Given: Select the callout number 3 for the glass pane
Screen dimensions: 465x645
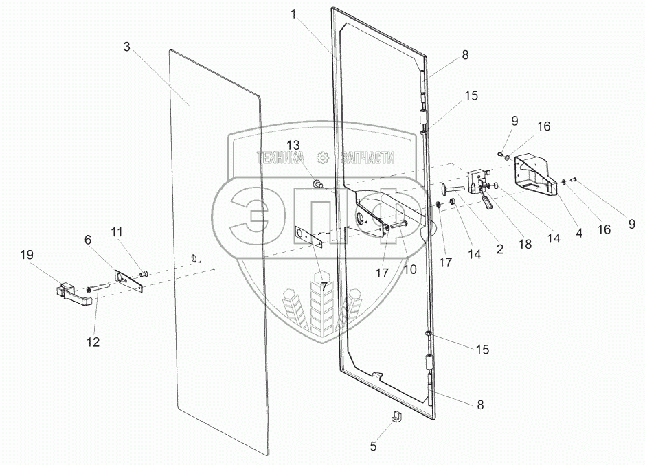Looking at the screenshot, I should coord(127,47).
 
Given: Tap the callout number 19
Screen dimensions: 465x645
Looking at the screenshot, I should coord(26,254).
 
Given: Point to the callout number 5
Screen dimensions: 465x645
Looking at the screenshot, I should coord(373,446).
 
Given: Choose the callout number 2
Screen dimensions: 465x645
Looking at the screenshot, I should coord(499,249).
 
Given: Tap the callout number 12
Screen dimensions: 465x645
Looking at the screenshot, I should coord(92,341).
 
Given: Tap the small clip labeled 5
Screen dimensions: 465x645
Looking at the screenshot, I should coord(398,416).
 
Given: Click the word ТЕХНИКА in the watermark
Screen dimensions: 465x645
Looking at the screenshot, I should coord(281,158).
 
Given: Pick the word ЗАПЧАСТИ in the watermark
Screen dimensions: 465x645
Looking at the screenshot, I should coord(365,158).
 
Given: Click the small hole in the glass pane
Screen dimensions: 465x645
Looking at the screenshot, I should coord(194,258).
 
